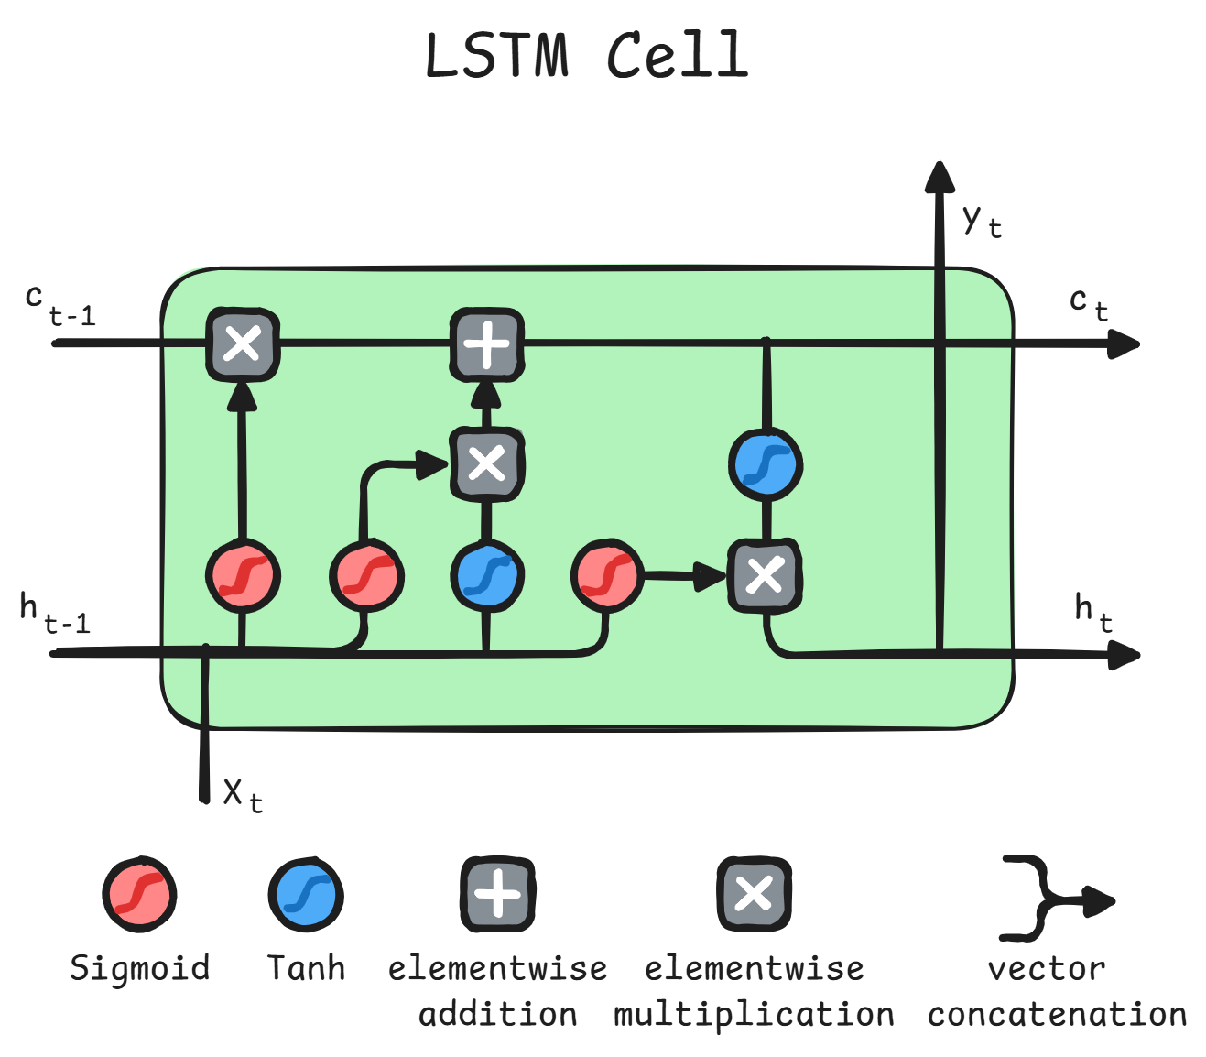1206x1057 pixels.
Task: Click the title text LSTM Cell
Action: (586, 55)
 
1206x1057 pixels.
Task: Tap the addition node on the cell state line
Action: (486, 344)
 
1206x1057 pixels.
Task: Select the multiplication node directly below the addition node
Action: (486, 463)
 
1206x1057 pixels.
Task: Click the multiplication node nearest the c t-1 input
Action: (242, 344)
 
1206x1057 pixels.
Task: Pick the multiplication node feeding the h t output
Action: (765, 576)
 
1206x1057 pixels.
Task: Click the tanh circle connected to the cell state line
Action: (766, 464)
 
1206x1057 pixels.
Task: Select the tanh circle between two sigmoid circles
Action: (486, 576)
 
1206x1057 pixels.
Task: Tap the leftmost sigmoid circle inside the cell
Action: (242, 576)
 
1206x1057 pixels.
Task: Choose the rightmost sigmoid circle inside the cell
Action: (606, 576)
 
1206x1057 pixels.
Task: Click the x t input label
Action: (242, 793)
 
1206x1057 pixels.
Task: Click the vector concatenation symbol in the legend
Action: (1053, 899)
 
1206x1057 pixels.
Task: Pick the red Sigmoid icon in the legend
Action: (139, 895)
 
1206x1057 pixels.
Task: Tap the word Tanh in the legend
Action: (306, 968)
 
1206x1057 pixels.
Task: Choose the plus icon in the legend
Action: (497, 894)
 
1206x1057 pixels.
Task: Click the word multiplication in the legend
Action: (754, 1015)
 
